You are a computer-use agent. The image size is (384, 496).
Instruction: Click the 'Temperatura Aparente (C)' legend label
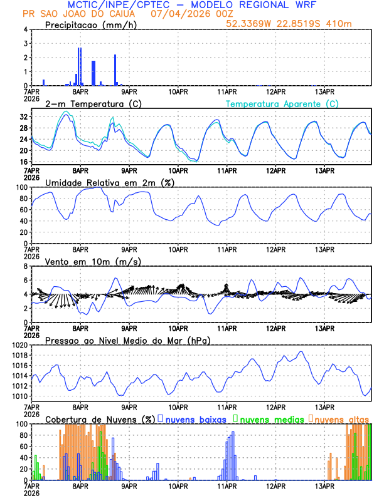click(x=282, y=103)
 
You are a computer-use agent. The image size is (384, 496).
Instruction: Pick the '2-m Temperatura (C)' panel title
click(x=87, y=103)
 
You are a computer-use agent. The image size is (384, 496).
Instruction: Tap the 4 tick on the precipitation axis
click(x=25, y=29)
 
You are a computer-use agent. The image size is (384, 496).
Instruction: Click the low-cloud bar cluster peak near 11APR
click(x=233, y=433)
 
